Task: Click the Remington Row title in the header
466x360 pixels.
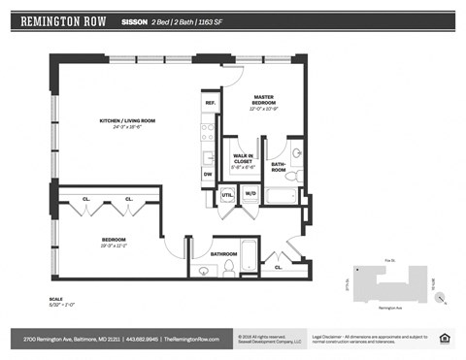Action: pyautogui.click(x=65, y=20)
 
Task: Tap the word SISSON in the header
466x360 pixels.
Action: pyautogui.click(x=135, y=20)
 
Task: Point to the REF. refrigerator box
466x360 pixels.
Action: pyautogui.click(x=210, y=103)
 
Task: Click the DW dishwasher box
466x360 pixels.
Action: pyautogui.click(x=208, y=175)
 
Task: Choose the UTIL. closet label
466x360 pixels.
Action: pyautogui.click(x=227, y=194)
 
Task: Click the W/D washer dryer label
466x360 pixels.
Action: pyautogui.click(x=250, y=194)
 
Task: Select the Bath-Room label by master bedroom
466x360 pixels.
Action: pyautogui.click(x=279, y=168)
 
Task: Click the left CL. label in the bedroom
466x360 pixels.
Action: pyautogui.click(x=85, y=199)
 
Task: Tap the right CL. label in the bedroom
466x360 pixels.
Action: pyautogui.click(x=129, y=199)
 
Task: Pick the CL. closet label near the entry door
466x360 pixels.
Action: pyautogui.click(x=279, y=265)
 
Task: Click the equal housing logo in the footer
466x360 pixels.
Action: pyautogui.click(x=445, y=338)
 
